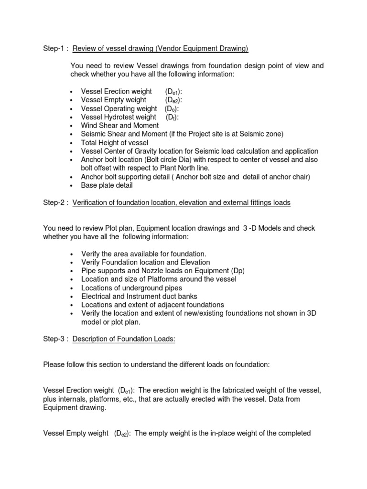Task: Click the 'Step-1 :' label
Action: coord(55,49)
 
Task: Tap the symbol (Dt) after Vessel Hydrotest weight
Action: coord(172,117)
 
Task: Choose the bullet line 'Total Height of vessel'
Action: coord(115,143)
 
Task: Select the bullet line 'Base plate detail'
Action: coord(107,185)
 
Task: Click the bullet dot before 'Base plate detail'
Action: coord(71,186)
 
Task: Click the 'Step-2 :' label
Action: coord(55,202)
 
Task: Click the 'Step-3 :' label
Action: coord(55,339)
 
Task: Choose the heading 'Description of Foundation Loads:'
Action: coord(124,339)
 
